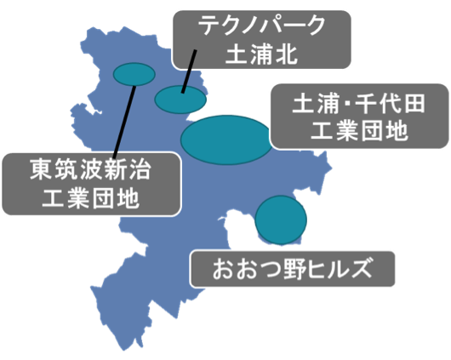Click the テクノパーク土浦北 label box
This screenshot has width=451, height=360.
click(x=262, y=40)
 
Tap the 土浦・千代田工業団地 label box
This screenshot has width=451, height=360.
click(x=359, y=117)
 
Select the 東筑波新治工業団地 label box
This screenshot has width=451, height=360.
click(x=91, y=184)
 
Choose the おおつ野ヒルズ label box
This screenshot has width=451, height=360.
click(x=292, y=269)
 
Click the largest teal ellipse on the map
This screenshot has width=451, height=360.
click(x=226, y=140)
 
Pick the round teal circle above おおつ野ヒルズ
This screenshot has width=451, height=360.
click(x=281, y=220)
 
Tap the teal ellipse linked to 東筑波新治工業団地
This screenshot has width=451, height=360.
click(x=134, y=74)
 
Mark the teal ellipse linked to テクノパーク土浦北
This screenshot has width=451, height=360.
click(x=180, y=100)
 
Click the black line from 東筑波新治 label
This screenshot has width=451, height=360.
click(x=124, y=122)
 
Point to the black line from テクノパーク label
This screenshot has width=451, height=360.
click(x=189, y=71)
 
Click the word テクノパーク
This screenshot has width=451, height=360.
click(x=262, y=26)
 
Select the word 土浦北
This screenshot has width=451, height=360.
click(x=261, y=54)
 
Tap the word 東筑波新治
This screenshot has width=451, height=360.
click(x=90, y=169)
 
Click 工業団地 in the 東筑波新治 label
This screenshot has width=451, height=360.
click(x=91, y=198)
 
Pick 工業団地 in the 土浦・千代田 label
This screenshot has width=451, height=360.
click(x=359, y=131)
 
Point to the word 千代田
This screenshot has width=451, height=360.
click(x=390, y=104)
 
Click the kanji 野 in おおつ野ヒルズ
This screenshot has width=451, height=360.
click(x=294, y=269)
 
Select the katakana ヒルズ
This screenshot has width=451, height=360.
click(x=339, y=269)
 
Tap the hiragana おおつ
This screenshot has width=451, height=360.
click(x=248, y=269)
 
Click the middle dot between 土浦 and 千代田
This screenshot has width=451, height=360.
click(x=347, y=104)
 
